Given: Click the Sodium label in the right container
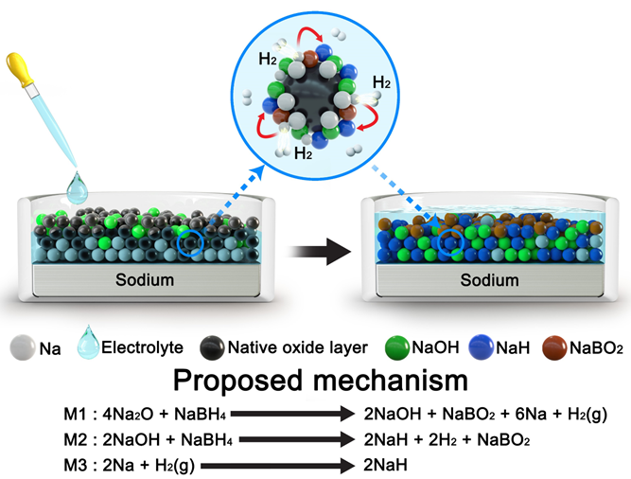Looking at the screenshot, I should point(489,280).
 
